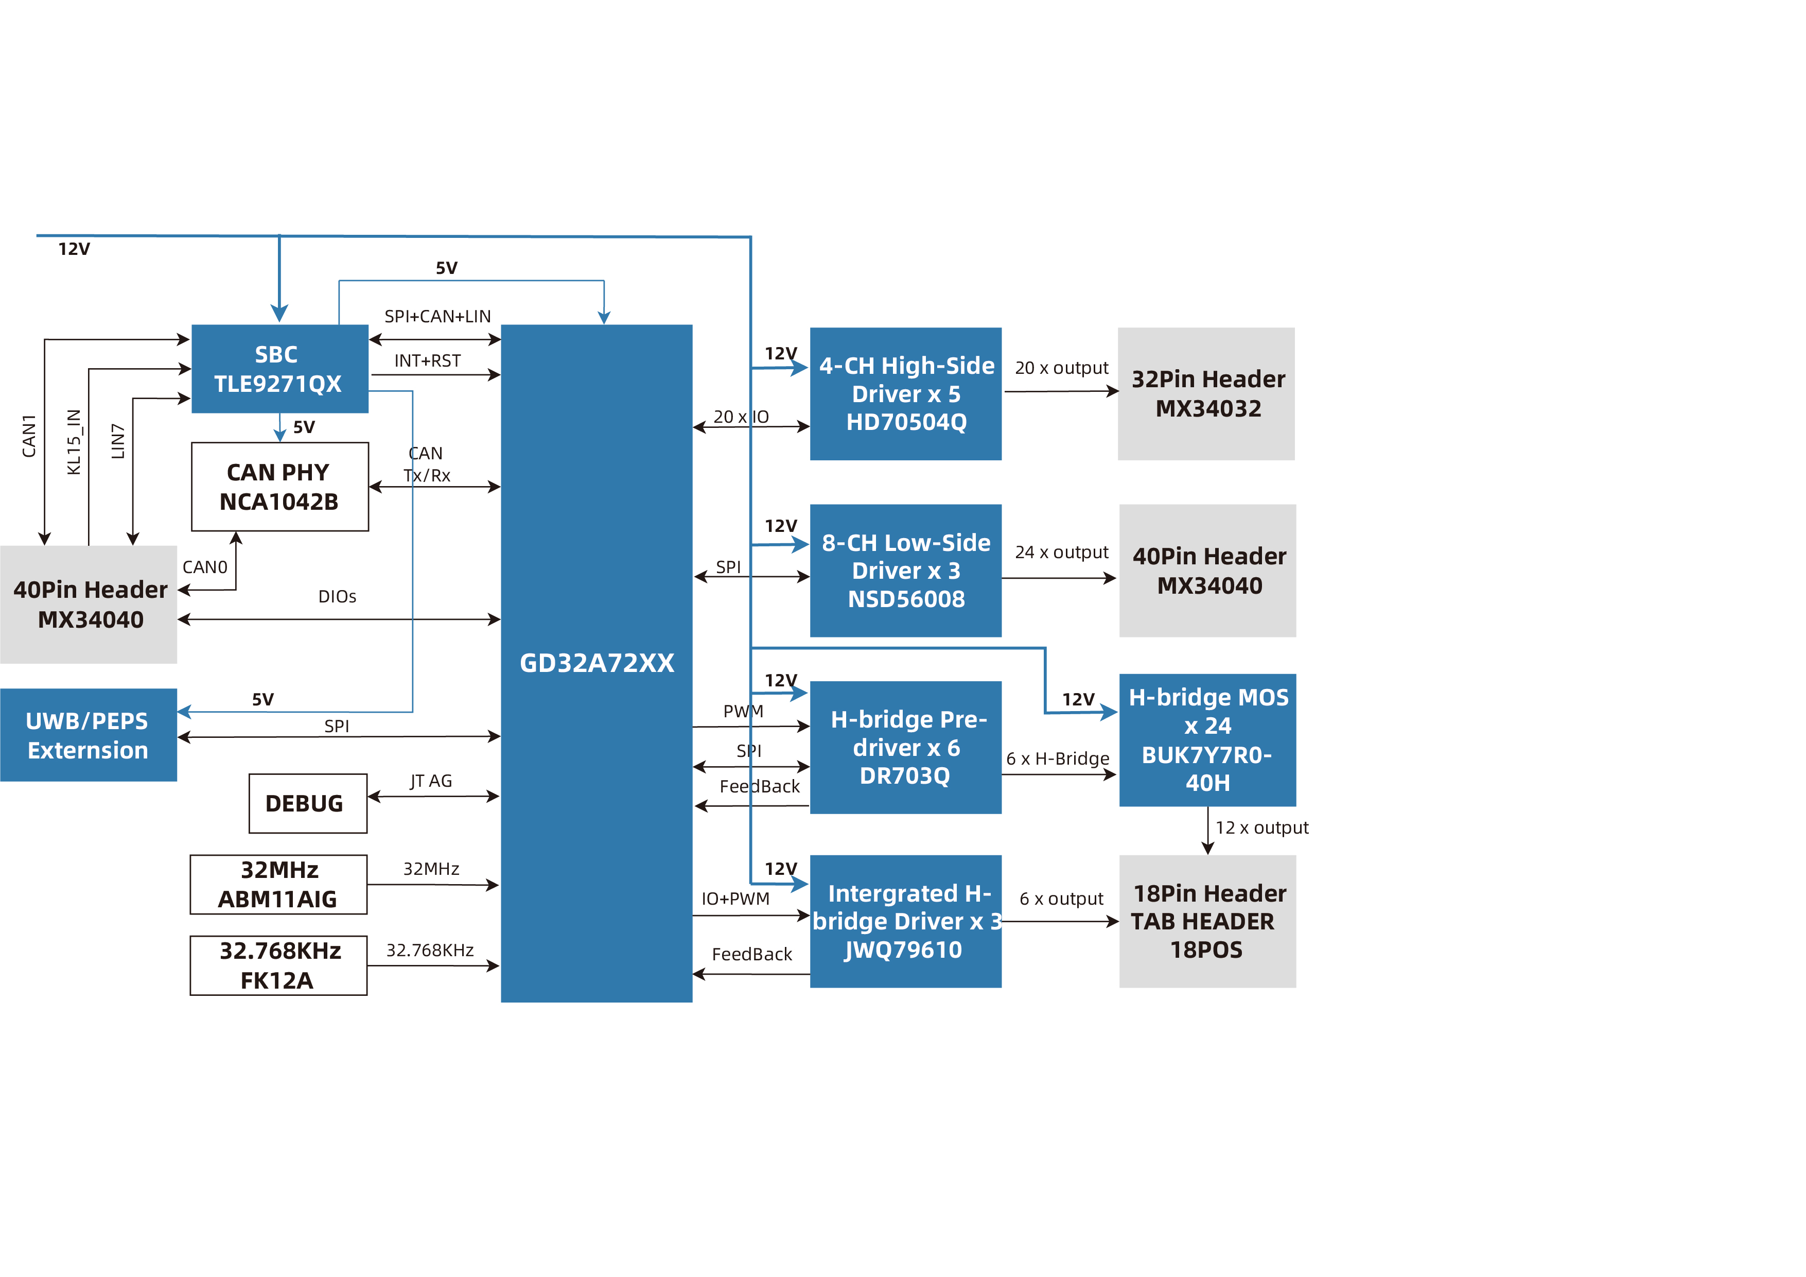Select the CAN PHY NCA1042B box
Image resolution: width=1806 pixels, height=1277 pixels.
pyautogui.click(x=279, y=486)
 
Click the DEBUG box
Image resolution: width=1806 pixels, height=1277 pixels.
pyautogui.click(x=308, y=803)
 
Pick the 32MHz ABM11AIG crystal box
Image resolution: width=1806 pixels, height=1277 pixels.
pyautogui.click(x=278, y=885)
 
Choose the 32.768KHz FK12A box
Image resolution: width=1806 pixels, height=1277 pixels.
pyautogui.click(x=278, y=965)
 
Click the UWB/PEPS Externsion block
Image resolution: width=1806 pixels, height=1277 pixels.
pyautogui.click(x=88, y=735)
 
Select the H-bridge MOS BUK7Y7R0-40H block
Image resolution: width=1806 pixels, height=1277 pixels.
pyautogui.click(x=1207, y=739)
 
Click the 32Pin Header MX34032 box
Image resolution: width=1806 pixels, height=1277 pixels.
pyautogui.click(x=1206, y=393)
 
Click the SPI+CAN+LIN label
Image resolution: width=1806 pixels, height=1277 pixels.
pyautogui.click(x=437, y=316)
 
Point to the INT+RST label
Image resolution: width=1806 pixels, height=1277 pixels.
pyautogui.click(x=427, y=360)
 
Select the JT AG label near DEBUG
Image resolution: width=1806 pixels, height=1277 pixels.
pyautogui.click(x=431, y=781)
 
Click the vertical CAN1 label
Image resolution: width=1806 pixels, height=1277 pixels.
pyautogui.click(x=29, y=436)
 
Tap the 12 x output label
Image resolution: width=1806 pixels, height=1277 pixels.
pyautogui.click(x=1261, y=827)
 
